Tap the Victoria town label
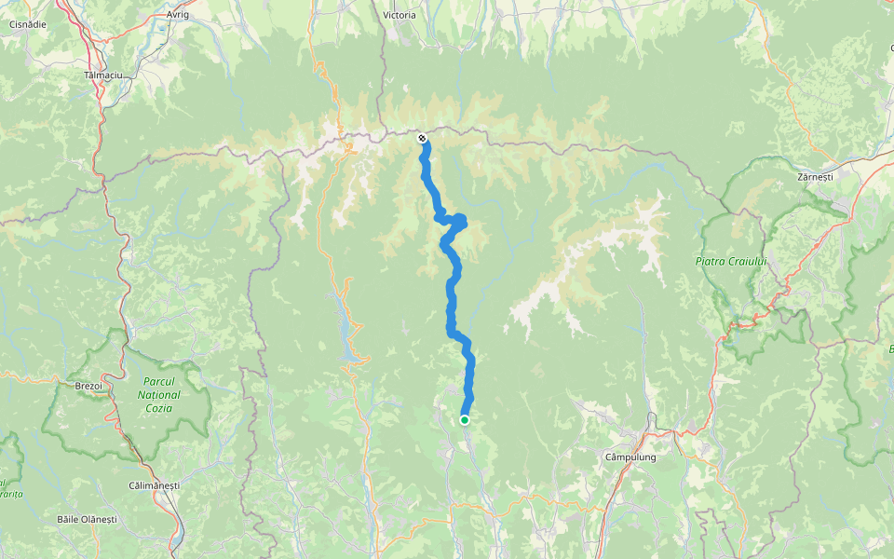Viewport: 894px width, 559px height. point(400,15)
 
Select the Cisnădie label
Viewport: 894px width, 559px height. point(29,24)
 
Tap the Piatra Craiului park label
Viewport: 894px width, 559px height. point(730,262)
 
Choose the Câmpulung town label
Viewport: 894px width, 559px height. point(630,457)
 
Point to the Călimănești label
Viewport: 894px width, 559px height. point(155,485)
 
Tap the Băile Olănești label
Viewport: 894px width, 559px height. point(87,518)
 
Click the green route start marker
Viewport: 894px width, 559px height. point(464,420)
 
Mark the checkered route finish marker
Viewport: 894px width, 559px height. point(422,139)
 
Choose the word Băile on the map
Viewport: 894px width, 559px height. point(68,518)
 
